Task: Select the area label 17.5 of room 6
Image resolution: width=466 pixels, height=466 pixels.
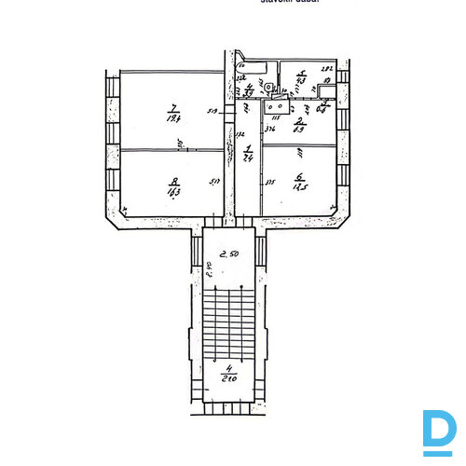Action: coord(300,185)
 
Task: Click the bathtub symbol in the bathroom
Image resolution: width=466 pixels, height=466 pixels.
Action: coord(253,67)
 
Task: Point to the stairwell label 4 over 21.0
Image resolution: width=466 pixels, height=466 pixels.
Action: coord(227,377)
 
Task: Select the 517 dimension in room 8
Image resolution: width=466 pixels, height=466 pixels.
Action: coord(215,182)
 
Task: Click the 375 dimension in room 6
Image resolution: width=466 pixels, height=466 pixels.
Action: coord(269,182)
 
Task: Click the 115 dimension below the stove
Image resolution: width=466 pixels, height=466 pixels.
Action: coord(276,118)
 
